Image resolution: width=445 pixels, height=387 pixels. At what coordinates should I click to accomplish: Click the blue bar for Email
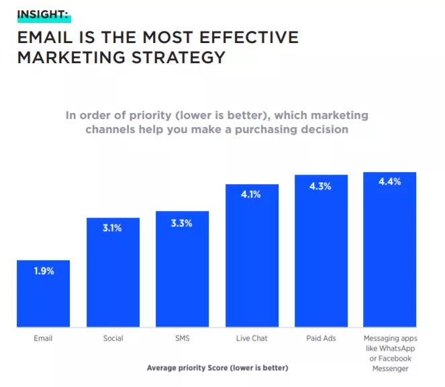pos(43,296)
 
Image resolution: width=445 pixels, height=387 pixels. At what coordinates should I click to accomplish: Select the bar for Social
pos(113,275)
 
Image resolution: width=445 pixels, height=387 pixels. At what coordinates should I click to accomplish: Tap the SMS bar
pos(182,272)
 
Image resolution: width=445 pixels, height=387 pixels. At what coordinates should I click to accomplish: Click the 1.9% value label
pos(43,272)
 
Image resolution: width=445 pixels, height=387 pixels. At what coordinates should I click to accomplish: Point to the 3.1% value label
pos(113,228)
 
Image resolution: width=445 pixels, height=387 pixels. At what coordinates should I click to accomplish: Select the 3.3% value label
pos(182,222)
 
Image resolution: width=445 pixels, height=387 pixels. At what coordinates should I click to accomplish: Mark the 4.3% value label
pos(321,186)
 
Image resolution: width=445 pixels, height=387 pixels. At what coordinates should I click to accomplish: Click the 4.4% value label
pos(390,182)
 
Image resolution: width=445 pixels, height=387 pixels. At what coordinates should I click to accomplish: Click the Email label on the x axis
pos(43,338)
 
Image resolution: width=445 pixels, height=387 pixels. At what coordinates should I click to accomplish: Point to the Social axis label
pos(113,338)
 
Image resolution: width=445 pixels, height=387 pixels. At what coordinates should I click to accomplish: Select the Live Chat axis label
pos(252,338)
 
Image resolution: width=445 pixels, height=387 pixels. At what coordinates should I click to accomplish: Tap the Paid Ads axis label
pos(321,338)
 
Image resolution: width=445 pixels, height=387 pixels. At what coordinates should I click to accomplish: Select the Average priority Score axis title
pos(217,368)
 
